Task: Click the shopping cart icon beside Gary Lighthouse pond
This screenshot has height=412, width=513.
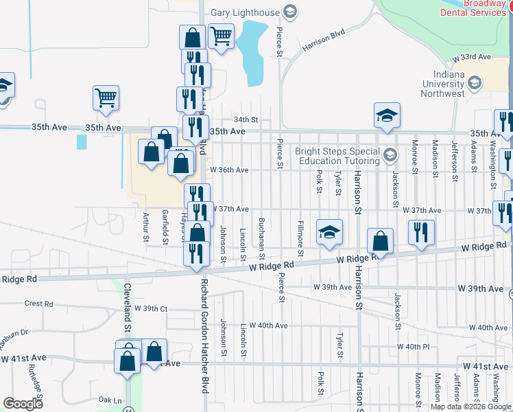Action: [x=221, y=36]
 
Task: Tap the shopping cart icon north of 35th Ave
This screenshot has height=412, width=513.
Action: [x=106, y=98]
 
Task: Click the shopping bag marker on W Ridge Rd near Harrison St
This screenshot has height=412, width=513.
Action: [x=380, y=240]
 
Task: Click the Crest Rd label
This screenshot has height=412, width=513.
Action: [x=38, y=303]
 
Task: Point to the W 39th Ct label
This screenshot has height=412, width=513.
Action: [x=151, y=309]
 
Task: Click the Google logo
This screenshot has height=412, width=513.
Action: [x=23, y=404]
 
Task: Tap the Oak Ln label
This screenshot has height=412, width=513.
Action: [x=110, y=400]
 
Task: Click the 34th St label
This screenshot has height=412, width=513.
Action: [x=245, y=119]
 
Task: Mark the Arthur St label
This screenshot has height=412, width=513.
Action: [x=145, y=227]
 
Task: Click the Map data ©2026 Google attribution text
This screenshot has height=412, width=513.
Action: [x=470, y=407]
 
